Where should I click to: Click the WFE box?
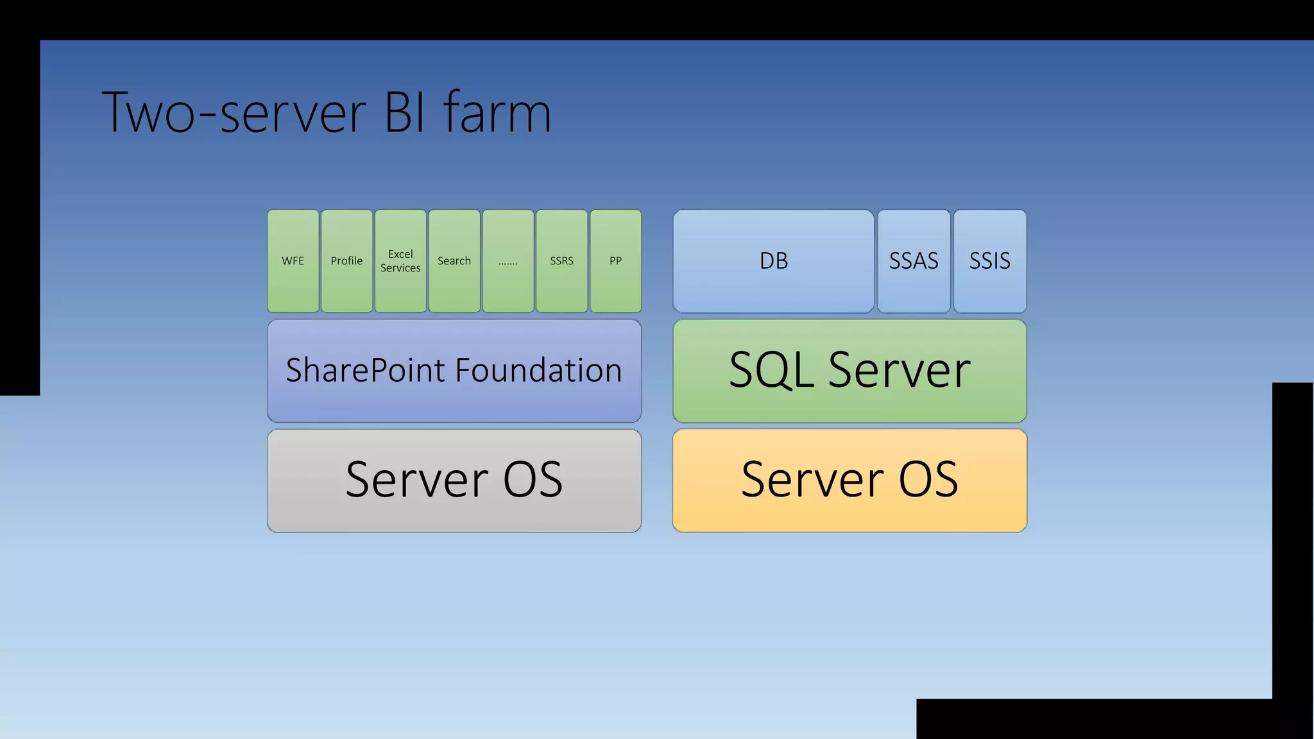(x=293, y=261)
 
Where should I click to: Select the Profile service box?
(x=346, y=261)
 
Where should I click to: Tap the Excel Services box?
(x=400, y=261)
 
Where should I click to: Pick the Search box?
(x=454, y=261)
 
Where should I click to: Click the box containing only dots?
(x=508, y=261)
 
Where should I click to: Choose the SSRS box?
(x=561, y=261)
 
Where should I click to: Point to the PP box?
(x=615, y=261)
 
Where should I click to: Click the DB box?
(x=773, y=261)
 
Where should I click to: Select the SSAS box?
(x=914, y=261)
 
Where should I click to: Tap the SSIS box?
(x=989, y=261)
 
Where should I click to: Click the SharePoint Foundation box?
(x=454, y=371)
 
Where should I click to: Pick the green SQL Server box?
(x=849, y=371)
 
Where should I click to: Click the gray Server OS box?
(x=454, y=480)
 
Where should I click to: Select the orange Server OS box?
(x=849, y=480)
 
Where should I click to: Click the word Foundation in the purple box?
(x=538, y=371)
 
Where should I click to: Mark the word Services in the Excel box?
(x=400, y=268)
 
